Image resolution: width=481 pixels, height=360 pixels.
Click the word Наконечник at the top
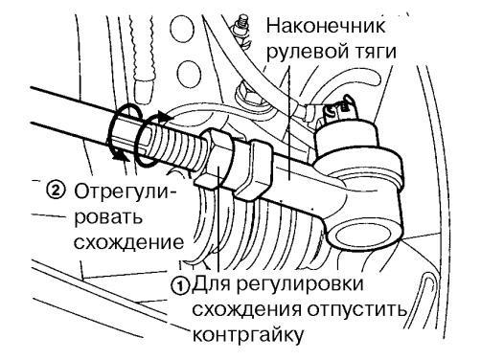(313, 26)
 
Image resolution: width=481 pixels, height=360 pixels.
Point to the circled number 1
(179, 284)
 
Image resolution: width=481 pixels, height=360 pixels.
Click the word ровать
(106, 213)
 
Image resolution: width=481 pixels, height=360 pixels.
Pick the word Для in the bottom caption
(212, 284)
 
